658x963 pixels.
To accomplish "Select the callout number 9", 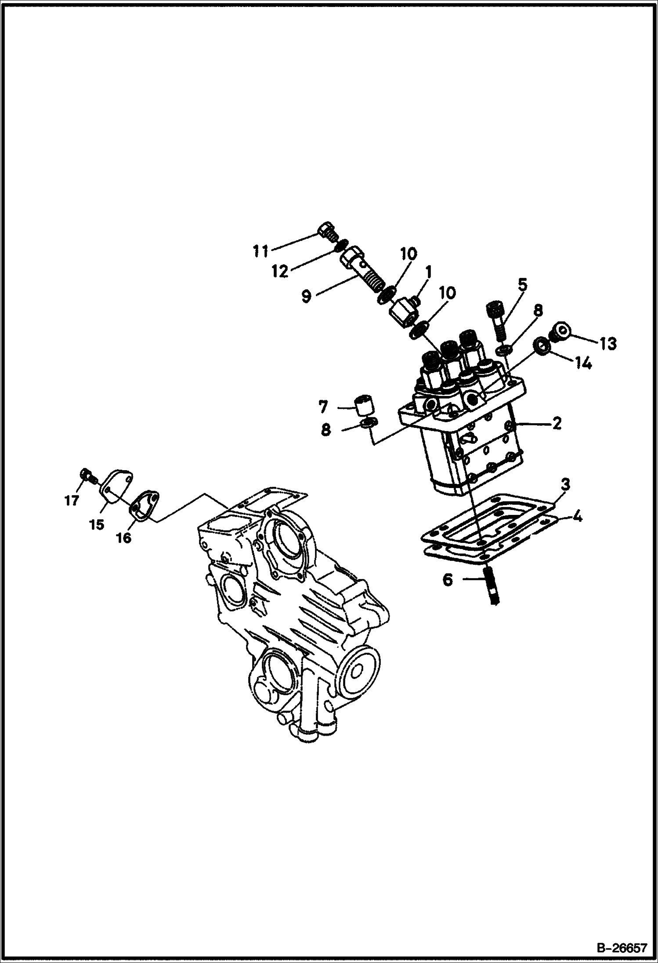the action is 306,296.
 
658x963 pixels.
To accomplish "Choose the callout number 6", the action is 447,580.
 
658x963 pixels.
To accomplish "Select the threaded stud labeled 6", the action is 491,586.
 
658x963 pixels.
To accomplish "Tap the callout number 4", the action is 578,517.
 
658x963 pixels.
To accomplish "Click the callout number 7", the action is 323,407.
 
